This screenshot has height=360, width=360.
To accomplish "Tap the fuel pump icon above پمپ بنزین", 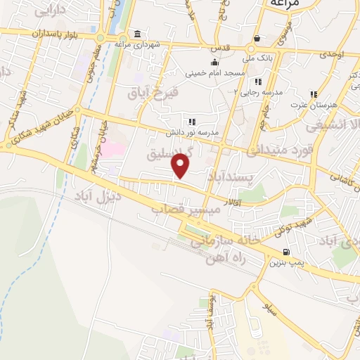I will (x=285, y=252).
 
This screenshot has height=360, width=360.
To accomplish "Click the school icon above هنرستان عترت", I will (x=314, y=94).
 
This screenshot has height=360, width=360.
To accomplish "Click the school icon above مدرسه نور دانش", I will (x=192, y=122).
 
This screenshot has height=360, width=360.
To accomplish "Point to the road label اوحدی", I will (x=332, y=53).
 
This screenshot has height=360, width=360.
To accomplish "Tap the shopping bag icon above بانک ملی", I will (x=258, y=38).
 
